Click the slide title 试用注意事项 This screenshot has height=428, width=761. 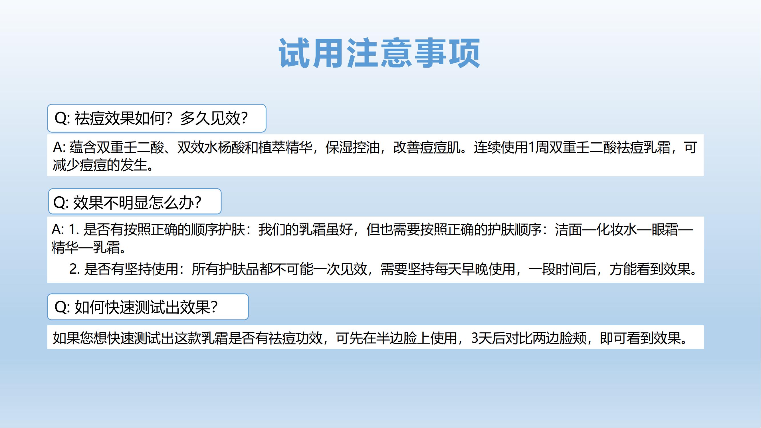point(379,53)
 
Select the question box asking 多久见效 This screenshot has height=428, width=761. point(157,118)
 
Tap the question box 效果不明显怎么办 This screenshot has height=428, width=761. point(135,201)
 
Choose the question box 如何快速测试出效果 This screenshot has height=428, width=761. point(148,307)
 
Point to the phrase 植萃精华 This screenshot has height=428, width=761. point(285,147)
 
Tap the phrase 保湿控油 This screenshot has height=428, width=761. point(352,147)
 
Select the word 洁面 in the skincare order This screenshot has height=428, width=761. point(568,229)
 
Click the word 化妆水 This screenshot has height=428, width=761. point(617,229)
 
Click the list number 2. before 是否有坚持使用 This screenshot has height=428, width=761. point(74,269)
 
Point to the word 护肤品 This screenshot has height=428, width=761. point(239,269)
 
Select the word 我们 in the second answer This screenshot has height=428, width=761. point(272,229)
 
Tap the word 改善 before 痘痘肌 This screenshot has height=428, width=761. point(407,147)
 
